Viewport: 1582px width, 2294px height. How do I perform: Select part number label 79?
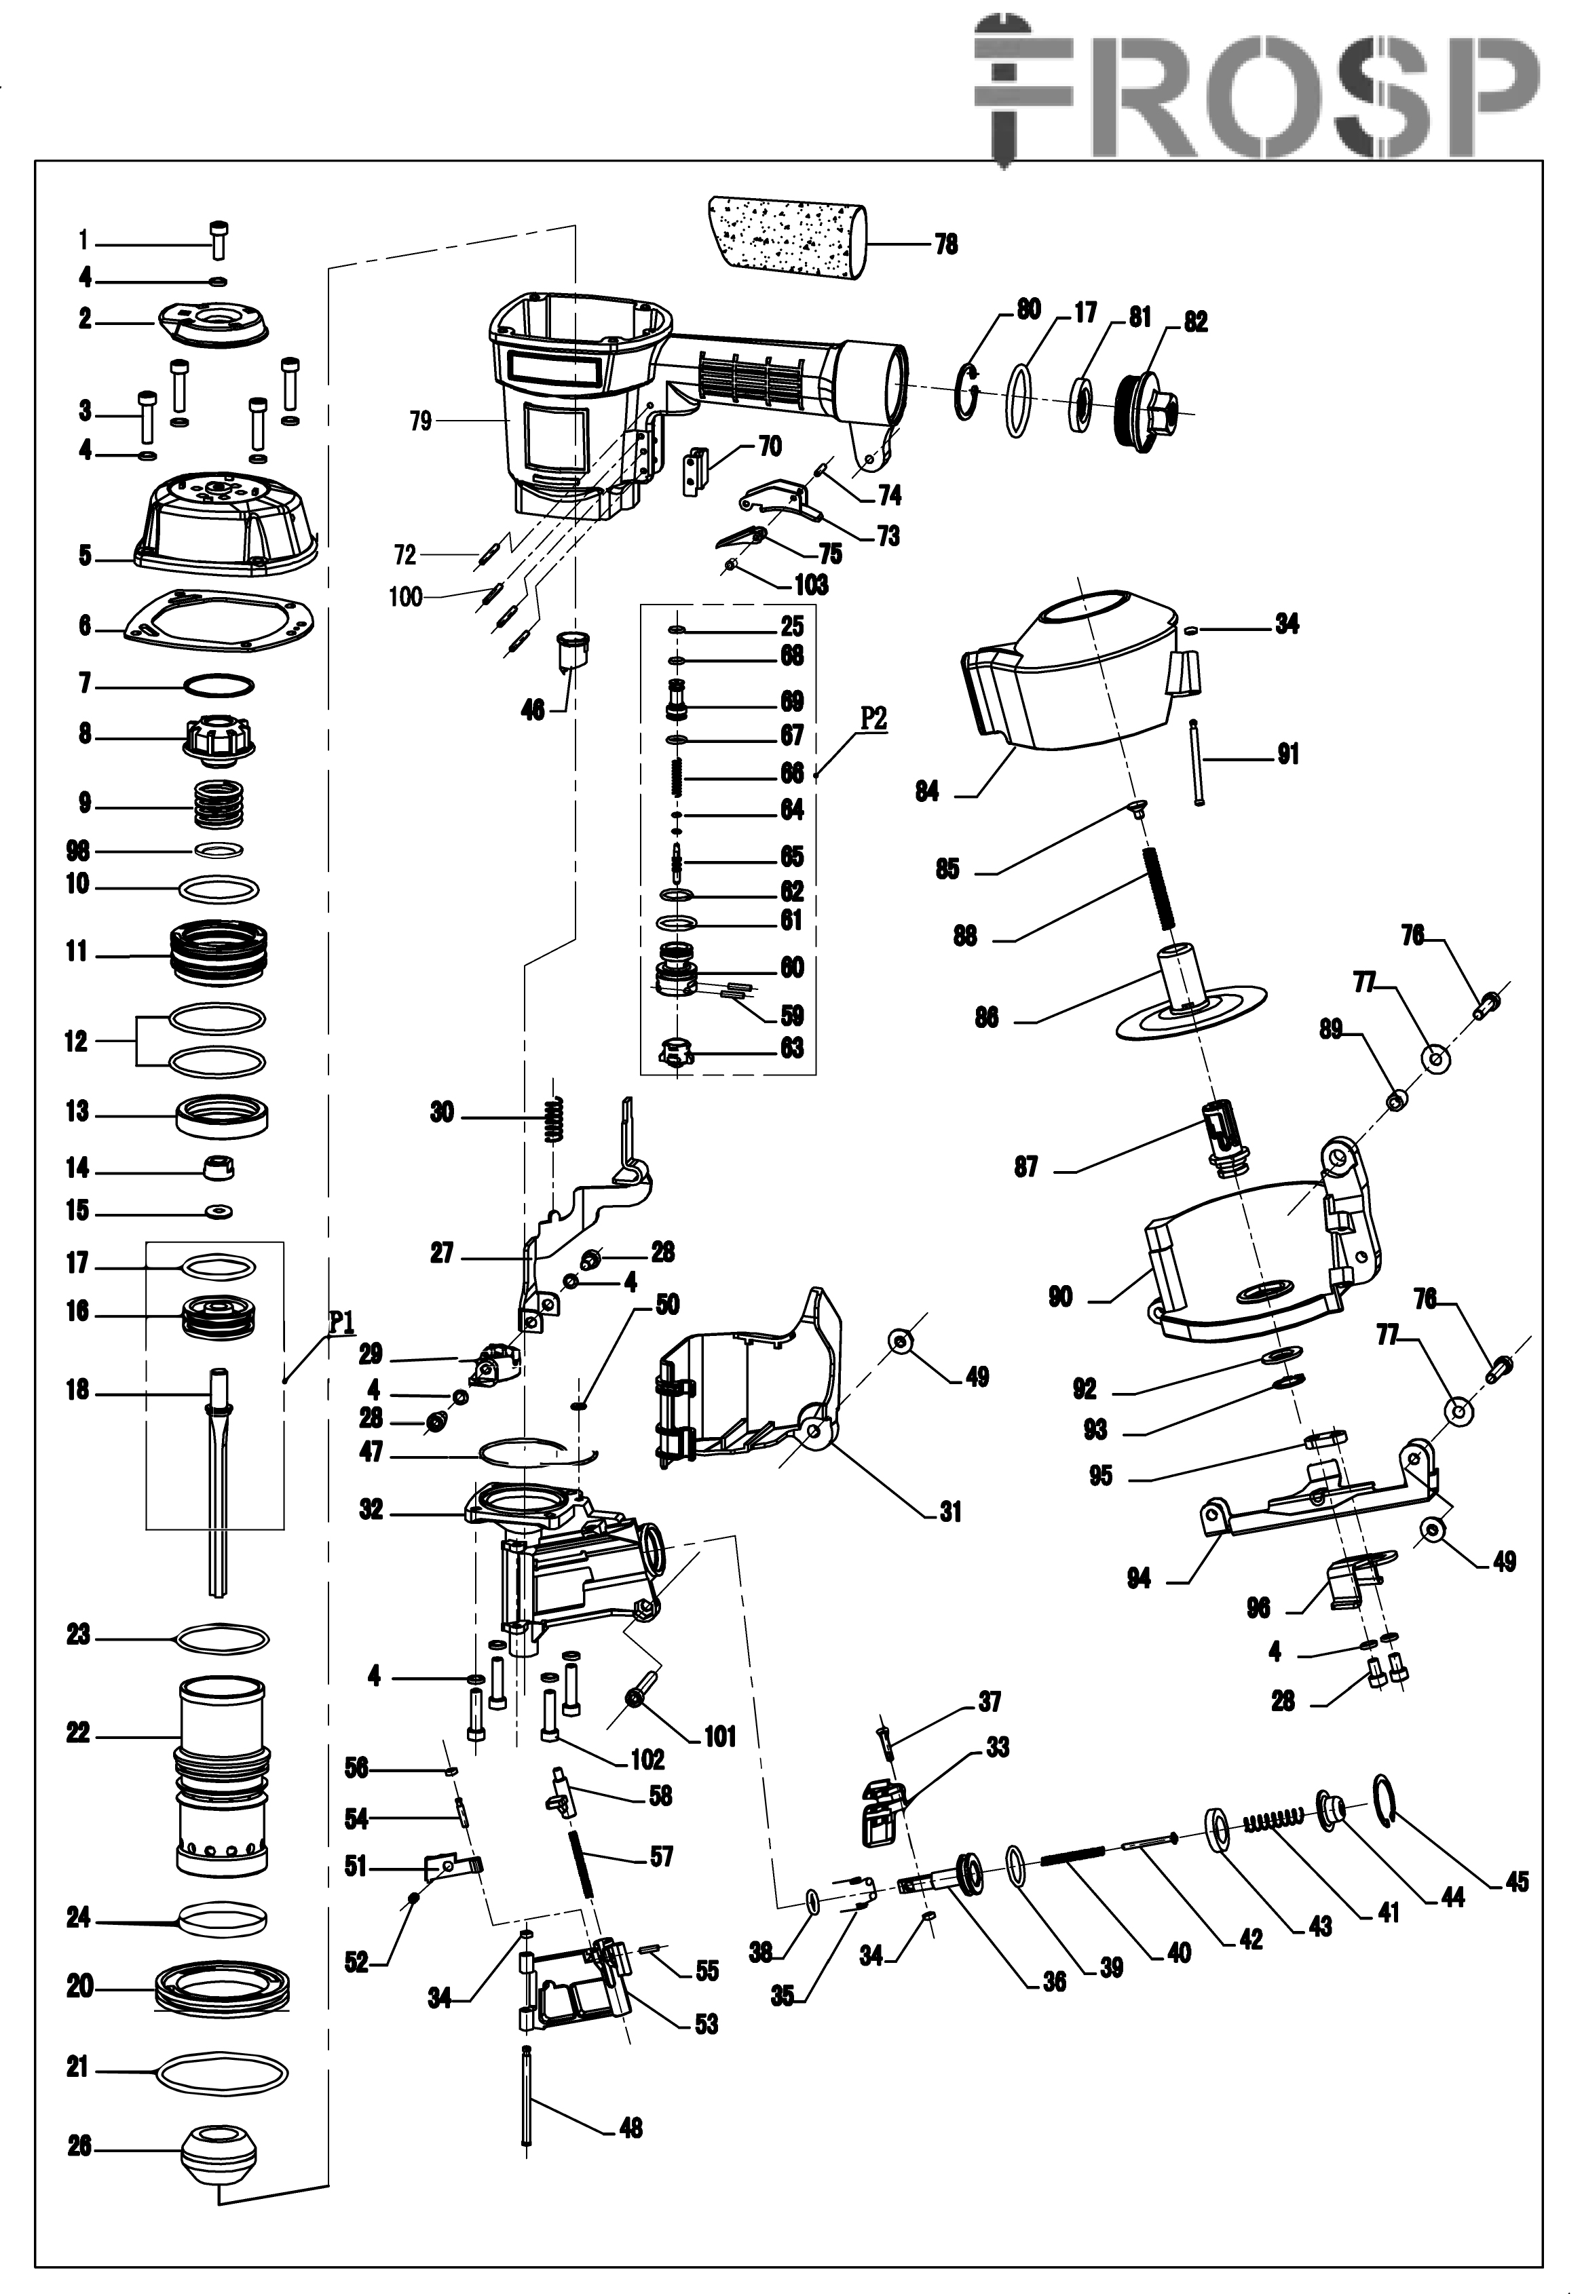tap(420, 421)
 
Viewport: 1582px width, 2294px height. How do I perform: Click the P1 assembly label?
tap(342, 1321)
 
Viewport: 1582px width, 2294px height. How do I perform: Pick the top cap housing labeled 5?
tap(226, 523)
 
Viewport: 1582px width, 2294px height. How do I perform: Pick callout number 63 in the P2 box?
tap(791, 1048)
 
